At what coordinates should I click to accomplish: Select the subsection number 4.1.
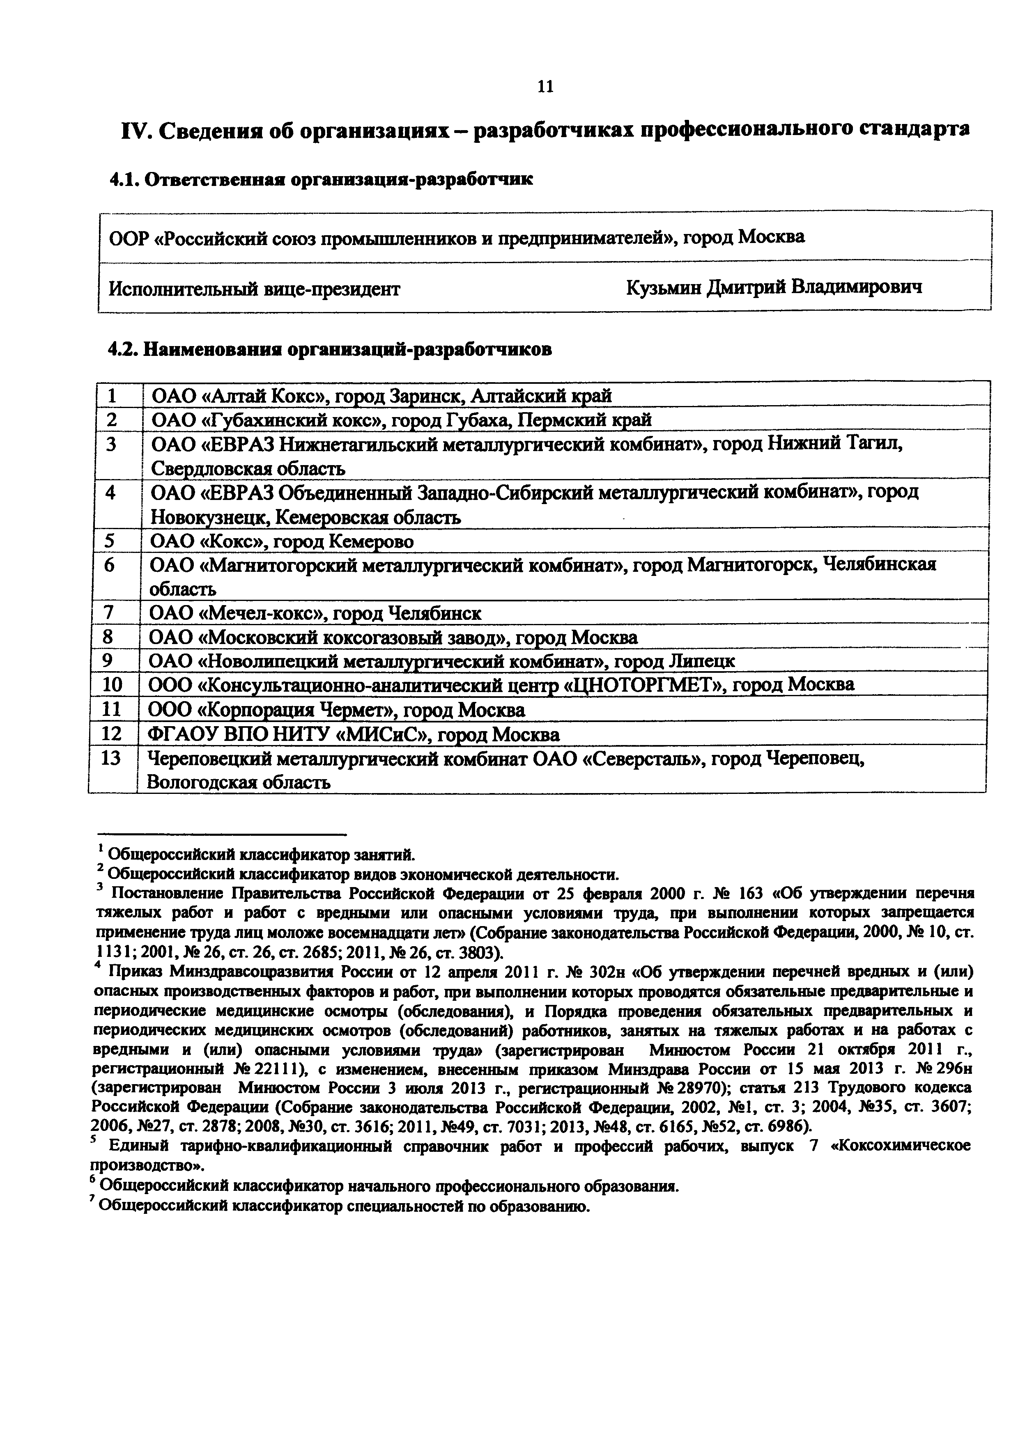[124, 180]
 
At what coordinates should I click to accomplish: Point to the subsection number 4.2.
[124, 349]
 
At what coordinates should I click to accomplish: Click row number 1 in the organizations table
[112, 396]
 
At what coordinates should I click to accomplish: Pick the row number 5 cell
[110, 540]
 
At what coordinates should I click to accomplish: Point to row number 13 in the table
[110, 758]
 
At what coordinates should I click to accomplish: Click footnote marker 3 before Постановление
[99, 886]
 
